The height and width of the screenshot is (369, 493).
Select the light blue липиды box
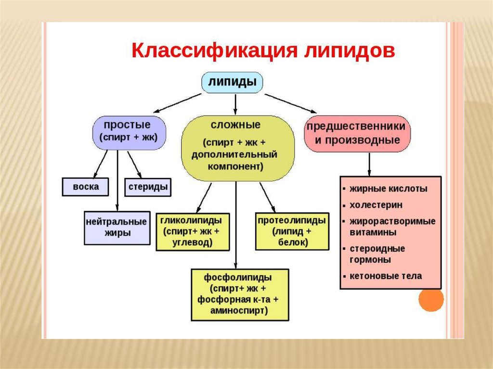tap(232, 82)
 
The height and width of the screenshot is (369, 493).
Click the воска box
tap(86, 187)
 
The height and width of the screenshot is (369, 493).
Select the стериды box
tap(148, 187)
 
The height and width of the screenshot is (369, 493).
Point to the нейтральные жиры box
tap(117, 228)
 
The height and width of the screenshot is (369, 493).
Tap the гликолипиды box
tap(192, 231)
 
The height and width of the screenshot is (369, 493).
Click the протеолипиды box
tap(292, 231)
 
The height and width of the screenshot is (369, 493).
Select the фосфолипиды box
tap(239, 294)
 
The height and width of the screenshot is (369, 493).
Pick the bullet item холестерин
tap(376, 205)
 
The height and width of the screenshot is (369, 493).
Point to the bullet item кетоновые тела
tap(386, 276)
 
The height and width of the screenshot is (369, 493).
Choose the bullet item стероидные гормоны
tap(377, 254)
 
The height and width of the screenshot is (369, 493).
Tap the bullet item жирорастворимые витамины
tap(392, 227)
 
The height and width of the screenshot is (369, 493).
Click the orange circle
tap(430, 300)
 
